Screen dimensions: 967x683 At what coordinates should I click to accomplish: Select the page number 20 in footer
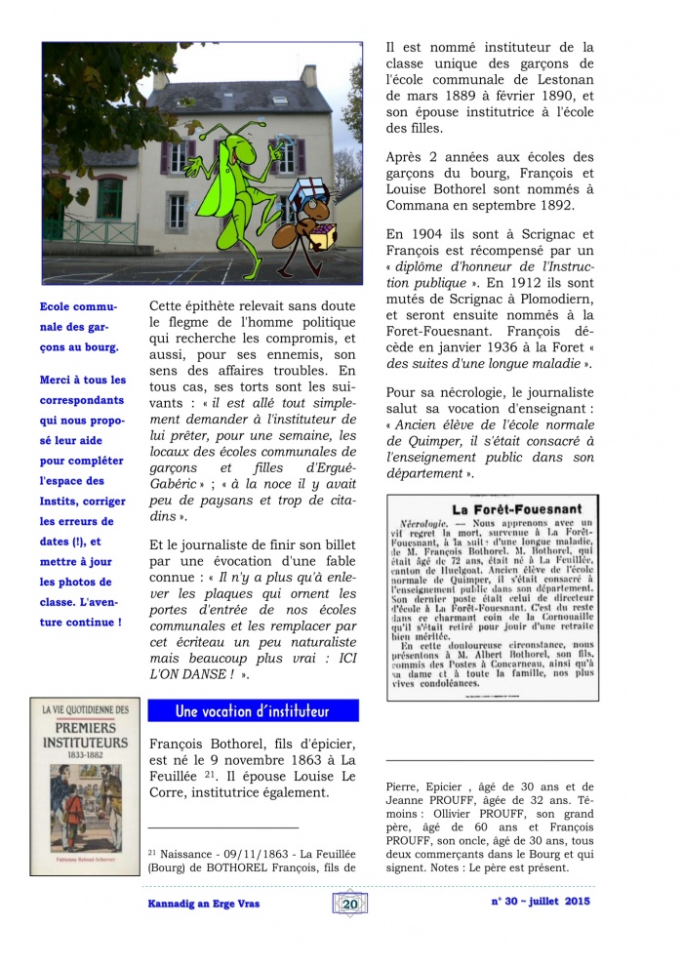(x=350, y=904)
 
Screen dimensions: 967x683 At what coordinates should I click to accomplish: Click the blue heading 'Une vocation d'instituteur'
(x=252, y=710)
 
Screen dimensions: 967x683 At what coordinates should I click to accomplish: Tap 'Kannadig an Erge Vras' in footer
(x=197, y=904)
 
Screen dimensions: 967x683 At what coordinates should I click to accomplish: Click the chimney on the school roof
(x=308, y=75)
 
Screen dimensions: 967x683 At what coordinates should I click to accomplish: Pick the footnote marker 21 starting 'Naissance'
(x=151, y=849)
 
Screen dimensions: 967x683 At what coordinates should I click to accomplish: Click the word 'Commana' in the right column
(x=417, y=207)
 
